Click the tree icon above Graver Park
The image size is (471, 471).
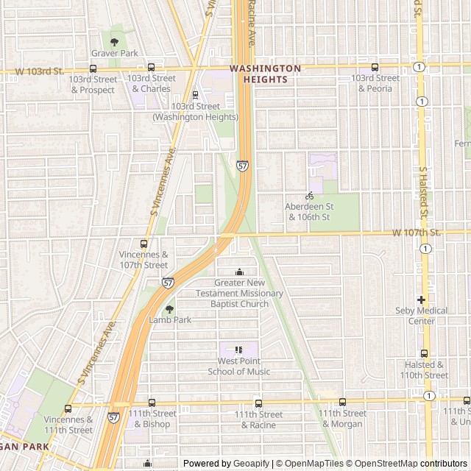114,42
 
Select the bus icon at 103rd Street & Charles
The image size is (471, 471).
151,67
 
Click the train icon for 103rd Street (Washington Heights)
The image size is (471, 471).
195,95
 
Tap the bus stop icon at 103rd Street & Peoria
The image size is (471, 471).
375,67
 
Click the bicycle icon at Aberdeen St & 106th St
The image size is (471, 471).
309,196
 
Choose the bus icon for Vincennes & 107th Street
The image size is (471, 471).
144,244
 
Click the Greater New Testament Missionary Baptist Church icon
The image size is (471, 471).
238,272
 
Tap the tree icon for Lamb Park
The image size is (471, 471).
170,309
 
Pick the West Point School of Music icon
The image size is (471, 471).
238,350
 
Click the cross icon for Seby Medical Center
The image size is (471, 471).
421,300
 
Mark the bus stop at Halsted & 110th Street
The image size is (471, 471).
425,353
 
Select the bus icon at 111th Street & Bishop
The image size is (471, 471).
152,403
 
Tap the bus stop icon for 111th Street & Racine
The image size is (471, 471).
258,403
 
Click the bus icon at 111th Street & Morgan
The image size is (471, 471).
342,402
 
